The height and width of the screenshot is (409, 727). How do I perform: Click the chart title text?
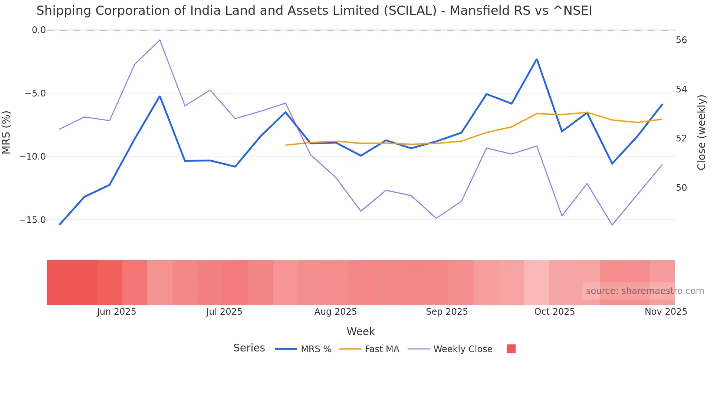point(314,11)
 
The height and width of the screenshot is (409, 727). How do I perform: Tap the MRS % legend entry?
point(303,349)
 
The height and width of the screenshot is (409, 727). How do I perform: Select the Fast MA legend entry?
point(369,349)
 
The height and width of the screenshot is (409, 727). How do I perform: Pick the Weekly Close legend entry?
point(450,349)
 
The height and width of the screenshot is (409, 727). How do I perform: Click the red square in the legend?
point(511,349)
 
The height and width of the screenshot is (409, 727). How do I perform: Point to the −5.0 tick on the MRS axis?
point(36,93)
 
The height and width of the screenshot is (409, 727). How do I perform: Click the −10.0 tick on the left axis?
point(33,157)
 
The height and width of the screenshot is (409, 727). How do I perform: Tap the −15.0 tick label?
point(33,220)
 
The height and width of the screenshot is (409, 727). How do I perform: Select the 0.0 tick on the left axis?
point(39,30)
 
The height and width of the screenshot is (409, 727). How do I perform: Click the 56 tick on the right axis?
point(681,40)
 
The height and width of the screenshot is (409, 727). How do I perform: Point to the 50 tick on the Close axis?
point(681,188)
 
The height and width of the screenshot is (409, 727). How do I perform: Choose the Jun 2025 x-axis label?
point(116,312)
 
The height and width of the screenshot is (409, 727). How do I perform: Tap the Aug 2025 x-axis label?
point(335,312)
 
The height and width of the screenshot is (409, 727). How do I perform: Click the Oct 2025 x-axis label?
point(554,312)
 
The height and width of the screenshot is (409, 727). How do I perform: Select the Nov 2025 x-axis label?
point(665,312)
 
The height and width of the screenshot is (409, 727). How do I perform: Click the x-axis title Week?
point(361,331)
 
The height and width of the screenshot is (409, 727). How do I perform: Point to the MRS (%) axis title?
point(6,132)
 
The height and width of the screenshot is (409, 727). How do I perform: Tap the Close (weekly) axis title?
point(701,132)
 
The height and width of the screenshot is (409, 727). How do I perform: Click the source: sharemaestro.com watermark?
point(645,291)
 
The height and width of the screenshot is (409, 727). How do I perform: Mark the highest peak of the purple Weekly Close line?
point(160,40)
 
